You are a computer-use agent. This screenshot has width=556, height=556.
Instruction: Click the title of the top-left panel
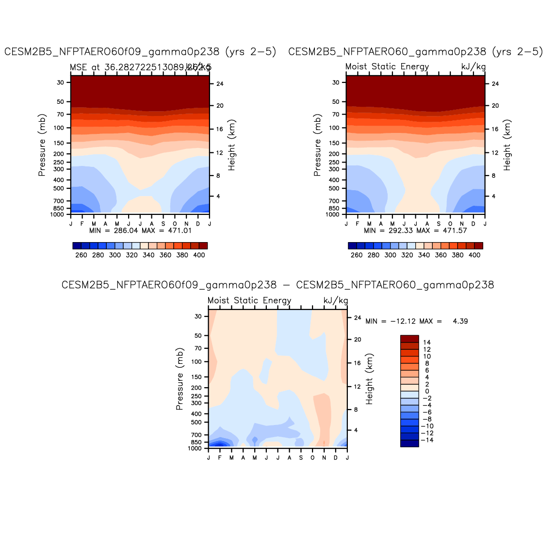[140, 52]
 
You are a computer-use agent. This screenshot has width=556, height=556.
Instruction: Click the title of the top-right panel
[416, 52]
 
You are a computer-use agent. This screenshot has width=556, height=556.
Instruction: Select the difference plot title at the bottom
[278, 285]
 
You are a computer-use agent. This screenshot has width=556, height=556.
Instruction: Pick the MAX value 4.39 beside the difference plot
[460, 321]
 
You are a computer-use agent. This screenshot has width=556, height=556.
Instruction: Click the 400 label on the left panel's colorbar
[199, 255]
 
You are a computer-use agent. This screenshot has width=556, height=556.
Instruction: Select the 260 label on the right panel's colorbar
[357, 255]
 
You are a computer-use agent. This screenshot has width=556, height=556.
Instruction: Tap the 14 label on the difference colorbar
[427, 343]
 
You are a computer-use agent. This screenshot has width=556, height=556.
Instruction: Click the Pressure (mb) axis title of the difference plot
[180, 379]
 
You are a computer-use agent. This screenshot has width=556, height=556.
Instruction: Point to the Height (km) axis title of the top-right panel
[507, 145]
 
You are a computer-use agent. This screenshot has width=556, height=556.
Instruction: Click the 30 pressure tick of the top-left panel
[61, 82]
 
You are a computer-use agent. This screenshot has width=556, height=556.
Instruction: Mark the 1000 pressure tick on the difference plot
[195, 449]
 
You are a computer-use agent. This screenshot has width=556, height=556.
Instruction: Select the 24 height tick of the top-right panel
[495, 84]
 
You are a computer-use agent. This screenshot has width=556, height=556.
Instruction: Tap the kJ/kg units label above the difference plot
[336, 301]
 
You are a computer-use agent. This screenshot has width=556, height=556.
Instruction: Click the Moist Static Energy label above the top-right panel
[387, 67]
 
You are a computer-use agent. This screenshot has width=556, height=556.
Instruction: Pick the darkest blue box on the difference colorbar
[409, 443]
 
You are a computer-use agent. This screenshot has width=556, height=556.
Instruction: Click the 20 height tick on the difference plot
[358, 340]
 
